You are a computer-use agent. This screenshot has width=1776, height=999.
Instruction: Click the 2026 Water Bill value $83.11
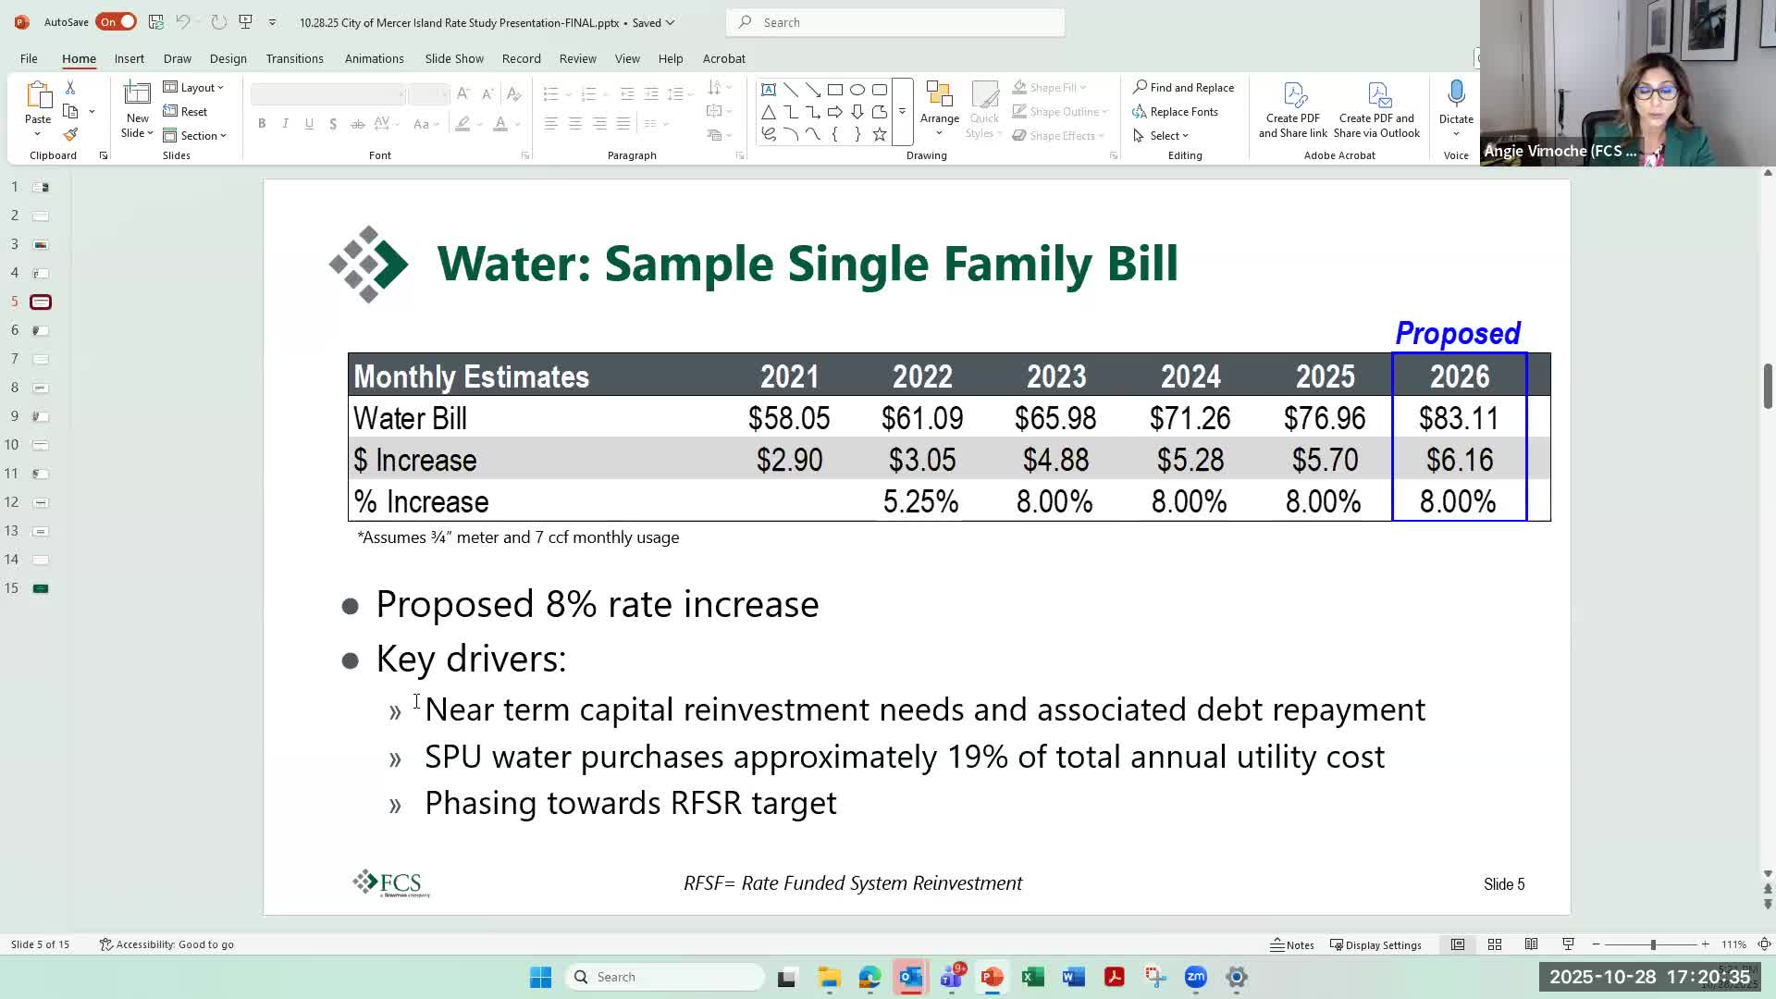click(1459, 419)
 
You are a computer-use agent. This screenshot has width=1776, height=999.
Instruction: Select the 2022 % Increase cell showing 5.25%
click(920, 502)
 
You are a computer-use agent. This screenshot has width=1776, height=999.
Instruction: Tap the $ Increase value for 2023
click(1055, 461)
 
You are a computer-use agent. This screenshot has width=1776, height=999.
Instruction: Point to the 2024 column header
click(1190, 376)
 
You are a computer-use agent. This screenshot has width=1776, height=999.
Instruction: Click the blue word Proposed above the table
click(1458, 333)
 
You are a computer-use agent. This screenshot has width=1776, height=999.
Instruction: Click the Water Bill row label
click(410, 419)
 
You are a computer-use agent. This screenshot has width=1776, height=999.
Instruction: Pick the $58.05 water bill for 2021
click(789, 419)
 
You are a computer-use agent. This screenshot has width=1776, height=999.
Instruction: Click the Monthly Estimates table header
click(471, 376)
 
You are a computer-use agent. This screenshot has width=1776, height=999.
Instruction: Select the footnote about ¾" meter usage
click(518, 537)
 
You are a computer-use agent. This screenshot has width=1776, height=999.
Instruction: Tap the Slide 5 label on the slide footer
click(1504, 884)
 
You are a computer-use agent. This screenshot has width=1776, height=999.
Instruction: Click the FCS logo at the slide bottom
click(390, 883)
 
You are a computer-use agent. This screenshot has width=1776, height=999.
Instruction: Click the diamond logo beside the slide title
click(368, 265)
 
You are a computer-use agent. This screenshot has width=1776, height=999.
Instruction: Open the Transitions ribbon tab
click(294, 58)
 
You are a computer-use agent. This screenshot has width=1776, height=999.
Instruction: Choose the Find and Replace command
click(1183, 87)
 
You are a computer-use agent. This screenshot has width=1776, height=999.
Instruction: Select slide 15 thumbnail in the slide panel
click(41, 588)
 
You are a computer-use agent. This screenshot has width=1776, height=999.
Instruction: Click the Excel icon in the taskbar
click(1032, 977)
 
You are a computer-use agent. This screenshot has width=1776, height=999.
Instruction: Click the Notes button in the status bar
click(1292, 944)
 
